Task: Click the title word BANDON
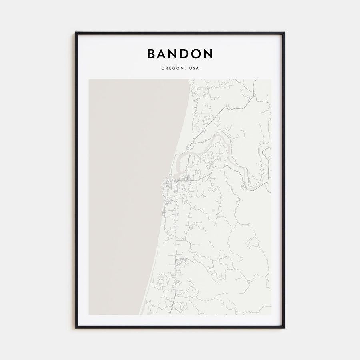click(x=180, y=54)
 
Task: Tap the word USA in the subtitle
click(x=194, y=68)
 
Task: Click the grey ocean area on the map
click(x=128, y=180)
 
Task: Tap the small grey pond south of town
click(x=213, y=210)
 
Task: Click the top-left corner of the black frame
click(x=76, y=33)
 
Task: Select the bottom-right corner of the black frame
click(x=284, y=328)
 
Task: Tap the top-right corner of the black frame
click(x=284, y=33)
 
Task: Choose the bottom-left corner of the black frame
click(x=76, y=328)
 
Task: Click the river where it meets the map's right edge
click(x=270, y=149)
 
